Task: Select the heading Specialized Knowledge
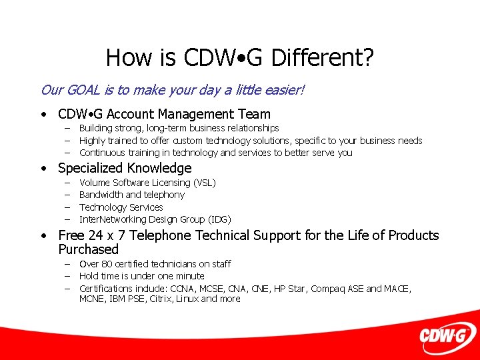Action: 125,168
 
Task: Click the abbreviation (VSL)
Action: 204,183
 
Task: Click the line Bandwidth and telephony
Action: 131,195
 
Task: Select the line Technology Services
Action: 121,207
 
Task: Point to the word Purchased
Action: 88,249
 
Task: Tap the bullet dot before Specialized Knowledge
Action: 43,169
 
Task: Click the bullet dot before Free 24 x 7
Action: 43,236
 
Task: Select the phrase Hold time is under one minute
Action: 141,276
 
